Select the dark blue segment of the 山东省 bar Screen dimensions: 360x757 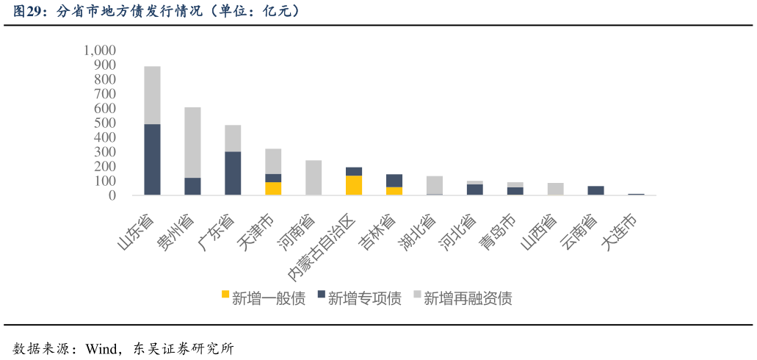coord(152,159)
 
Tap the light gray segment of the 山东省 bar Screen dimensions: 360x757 coord(152,95)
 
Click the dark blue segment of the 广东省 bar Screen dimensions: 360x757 coord(233,173)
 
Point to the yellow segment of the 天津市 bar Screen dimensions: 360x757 coord(273,188)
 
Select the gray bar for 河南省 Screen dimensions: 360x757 coord(314,178)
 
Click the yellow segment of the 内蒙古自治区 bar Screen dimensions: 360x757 coord(354,185)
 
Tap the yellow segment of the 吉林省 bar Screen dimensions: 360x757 coord(394,191)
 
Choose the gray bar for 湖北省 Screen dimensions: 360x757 coord(434,184)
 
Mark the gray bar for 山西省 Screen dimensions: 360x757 coord(555,189)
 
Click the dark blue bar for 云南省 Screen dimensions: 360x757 coord(595,190)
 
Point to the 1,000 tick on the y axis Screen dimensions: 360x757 coord(100,50)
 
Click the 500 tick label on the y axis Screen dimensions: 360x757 coord(105,123)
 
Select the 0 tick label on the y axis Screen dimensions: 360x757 coord(112,195)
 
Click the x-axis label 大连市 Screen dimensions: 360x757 coord(619,234)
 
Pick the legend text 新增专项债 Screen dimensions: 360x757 coord(364,298)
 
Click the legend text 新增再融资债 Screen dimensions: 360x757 coord(468,298)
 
